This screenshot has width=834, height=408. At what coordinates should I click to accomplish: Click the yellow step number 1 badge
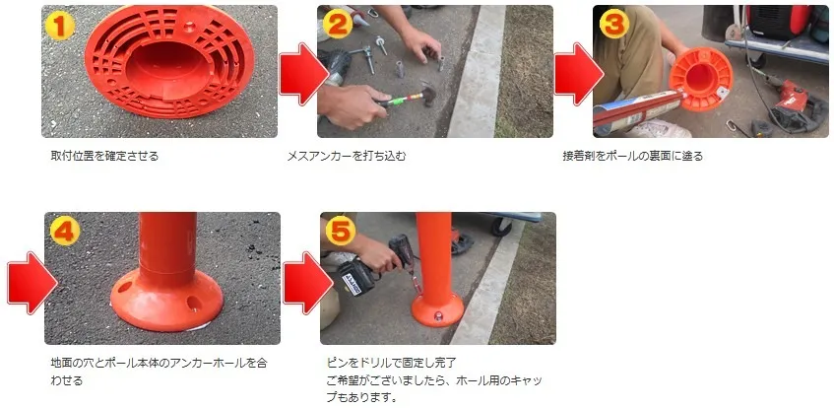click(x=60, y=25)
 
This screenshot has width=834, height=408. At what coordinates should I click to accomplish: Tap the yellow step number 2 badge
click(x=337, y=25)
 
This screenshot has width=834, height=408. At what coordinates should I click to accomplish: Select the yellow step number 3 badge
click(x=613, y=25)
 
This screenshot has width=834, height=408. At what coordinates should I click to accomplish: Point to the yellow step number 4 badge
click(x=65, y=232)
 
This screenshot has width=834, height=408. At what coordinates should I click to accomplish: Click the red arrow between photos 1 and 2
click(x=302, y=74)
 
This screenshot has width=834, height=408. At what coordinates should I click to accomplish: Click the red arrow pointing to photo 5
click(x=307, y=282)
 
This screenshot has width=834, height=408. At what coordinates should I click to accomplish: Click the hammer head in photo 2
click(x=427, y=94)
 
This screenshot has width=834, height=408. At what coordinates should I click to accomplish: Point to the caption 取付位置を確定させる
click(x=104, y=156)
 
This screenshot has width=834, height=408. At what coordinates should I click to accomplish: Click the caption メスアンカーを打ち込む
click(x=347, y=156)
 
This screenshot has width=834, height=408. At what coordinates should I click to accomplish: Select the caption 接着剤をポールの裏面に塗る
click(x=633, y=156)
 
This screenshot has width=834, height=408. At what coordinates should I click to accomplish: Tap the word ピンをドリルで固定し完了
click(x=392, y=364)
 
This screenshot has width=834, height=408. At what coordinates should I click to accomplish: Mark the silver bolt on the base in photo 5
click(x=439, y=317)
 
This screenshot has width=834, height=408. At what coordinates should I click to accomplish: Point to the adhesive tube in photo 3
click(x=639, y=110)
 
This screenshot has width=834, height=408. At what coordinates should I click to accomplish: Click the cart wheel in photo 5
click(x=501, y=227)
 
